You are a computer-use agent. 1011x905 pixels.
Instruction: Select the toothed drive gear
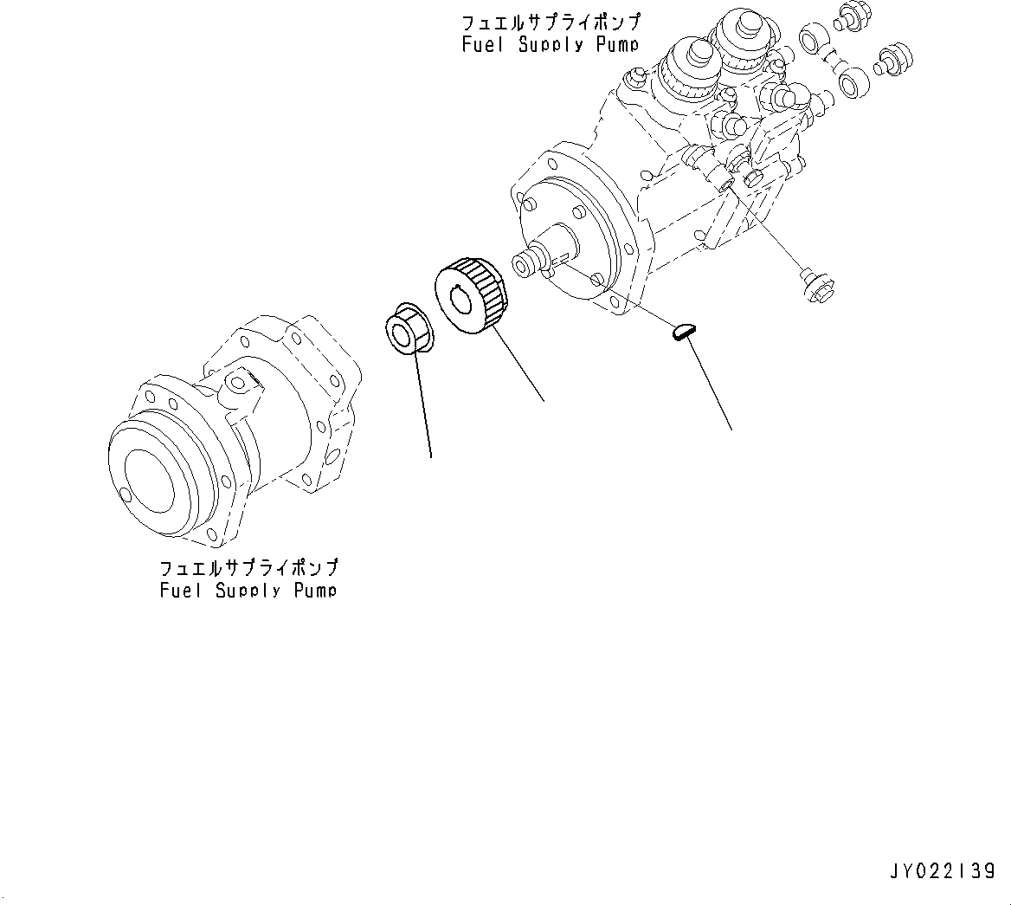[x=472, y=294]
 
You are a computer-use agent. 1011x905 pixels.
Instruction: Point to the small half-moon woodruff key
[x=683, y=330]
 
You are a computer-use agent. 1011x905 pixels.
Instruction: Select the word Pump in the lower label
[x=314, y=591]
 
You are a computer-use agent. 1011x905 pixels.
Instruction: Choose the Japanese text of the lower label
[x=248, y=568]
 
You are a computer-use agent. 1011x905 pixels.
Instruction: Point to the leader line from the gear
[x=518, y=364]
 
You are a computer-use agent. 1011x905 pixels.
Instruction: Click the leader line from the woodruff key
[x=710, y=385]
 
